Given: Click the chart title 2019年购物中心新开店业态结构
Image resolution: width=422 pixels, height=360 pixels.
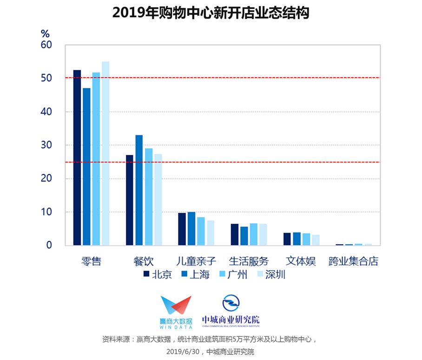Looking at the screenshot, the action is [x=211, y=13].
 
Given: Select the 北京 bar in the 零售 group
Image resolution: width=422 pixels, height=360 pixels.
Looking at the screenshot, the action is [x=77, y=158].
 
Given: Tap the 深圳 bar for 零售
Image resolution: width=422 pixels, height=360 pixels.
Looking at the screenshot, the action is [x=105, y=153].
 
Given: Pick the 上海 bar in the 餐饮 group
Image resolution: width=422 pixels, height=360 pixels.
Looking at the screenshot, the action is [x=139, y=190].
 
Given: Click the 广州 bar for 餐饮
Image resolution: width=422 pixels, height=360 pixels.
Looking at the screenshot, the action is [x=149, y=197].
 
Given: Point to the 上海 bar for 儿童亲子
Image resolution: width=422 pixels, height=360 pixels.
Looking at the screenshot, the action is [x=191, y=228].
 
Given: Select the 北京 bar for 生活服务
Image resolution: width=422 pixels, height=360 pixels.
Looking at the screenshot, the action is [x=234, y=234].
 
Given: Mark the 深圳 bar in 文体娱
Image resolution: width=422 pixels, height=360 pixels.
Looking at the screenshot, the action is [x=316, y=240].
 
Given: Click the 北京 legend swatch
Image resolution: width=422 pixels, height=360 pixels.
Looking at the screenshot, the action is [x=146, y=274].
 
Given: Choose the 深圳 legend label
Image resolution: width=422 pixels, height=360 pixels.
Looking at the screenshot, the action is [x=275, y=274].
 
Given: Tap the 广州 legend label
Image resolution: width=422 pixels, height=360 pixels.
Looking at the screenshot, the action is [x=237, y=274].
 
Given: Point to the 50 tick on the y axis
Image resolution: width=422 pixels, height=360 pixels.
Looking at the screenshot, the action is [x=46, y=78].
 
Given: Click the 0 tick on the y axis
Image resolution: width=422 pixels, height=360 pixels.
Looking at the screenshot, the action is [x=49, y=245].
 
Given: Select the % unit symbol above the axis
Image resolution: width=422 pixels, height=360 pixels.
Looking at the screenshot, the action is [x=45, y=34].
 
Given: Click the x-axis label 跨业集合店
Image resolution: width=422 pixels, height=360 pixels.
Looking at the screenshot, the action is [x=353, y=261].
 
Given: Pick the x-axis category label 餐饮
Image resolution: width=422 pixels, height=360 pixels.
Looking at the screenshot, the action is [x=144, y=261].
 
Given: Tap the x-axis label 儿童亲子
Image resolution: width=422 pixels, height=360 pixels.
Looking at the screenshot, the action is [x=196, y=261].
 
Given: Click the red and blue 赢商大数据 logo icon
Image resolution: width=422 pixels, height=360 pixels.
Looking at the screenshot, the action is [x=176, y=305].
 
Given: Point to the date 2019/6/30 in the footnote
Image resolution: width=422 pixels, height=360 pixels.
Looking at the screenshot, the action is [x=183, y=352].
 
